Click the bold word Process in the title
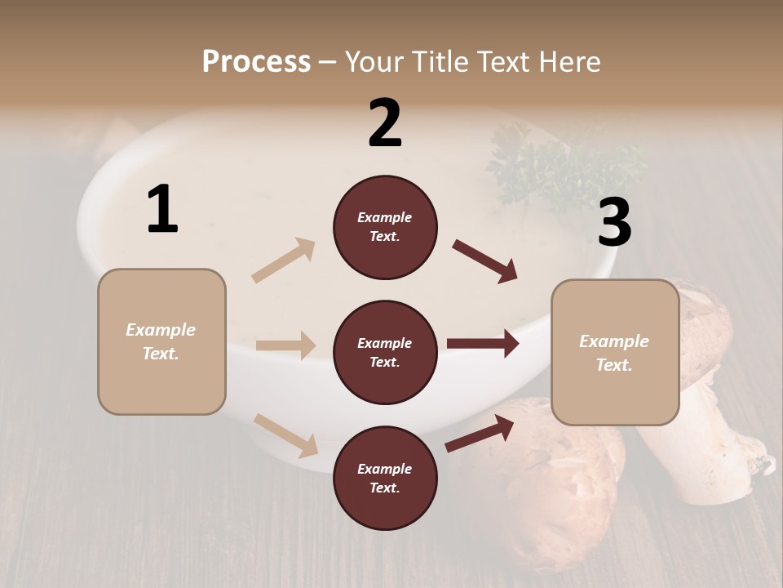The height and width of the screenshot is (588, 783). [x=256, y=62]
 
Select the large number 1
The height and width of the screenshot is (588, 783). [x=162, y=210]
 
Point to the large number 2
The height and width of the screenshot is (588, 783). [x=385, y=123]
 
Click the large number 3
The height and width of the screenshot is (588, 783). [x=614, y=223]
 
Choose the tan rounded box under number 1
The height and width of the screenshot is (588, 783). [x=161, y=341]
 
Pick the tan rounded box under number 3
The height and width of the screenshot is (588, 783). [x=615, y=352]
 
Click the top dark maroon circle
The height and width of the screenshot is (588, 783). [x=385, y=227]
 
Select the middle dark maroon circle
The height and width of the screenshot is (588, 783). [x=385, y=352]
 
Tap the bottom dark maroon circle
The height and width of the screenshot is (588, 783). [x=385, y=478]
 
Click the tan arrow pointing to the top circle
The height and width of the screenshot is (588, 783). [x=284, y=261]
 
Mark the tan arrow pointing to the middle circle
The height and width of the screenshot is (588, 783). [x=285, y=345]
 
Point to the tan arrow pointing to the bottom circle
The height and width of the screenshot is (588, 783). [x=286, y=435]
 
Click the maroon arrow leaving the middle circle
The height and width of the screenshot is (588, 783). [x=483, y=344]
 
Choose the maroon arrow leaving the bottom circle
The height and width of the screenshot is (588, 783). [x=480, y=433]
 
